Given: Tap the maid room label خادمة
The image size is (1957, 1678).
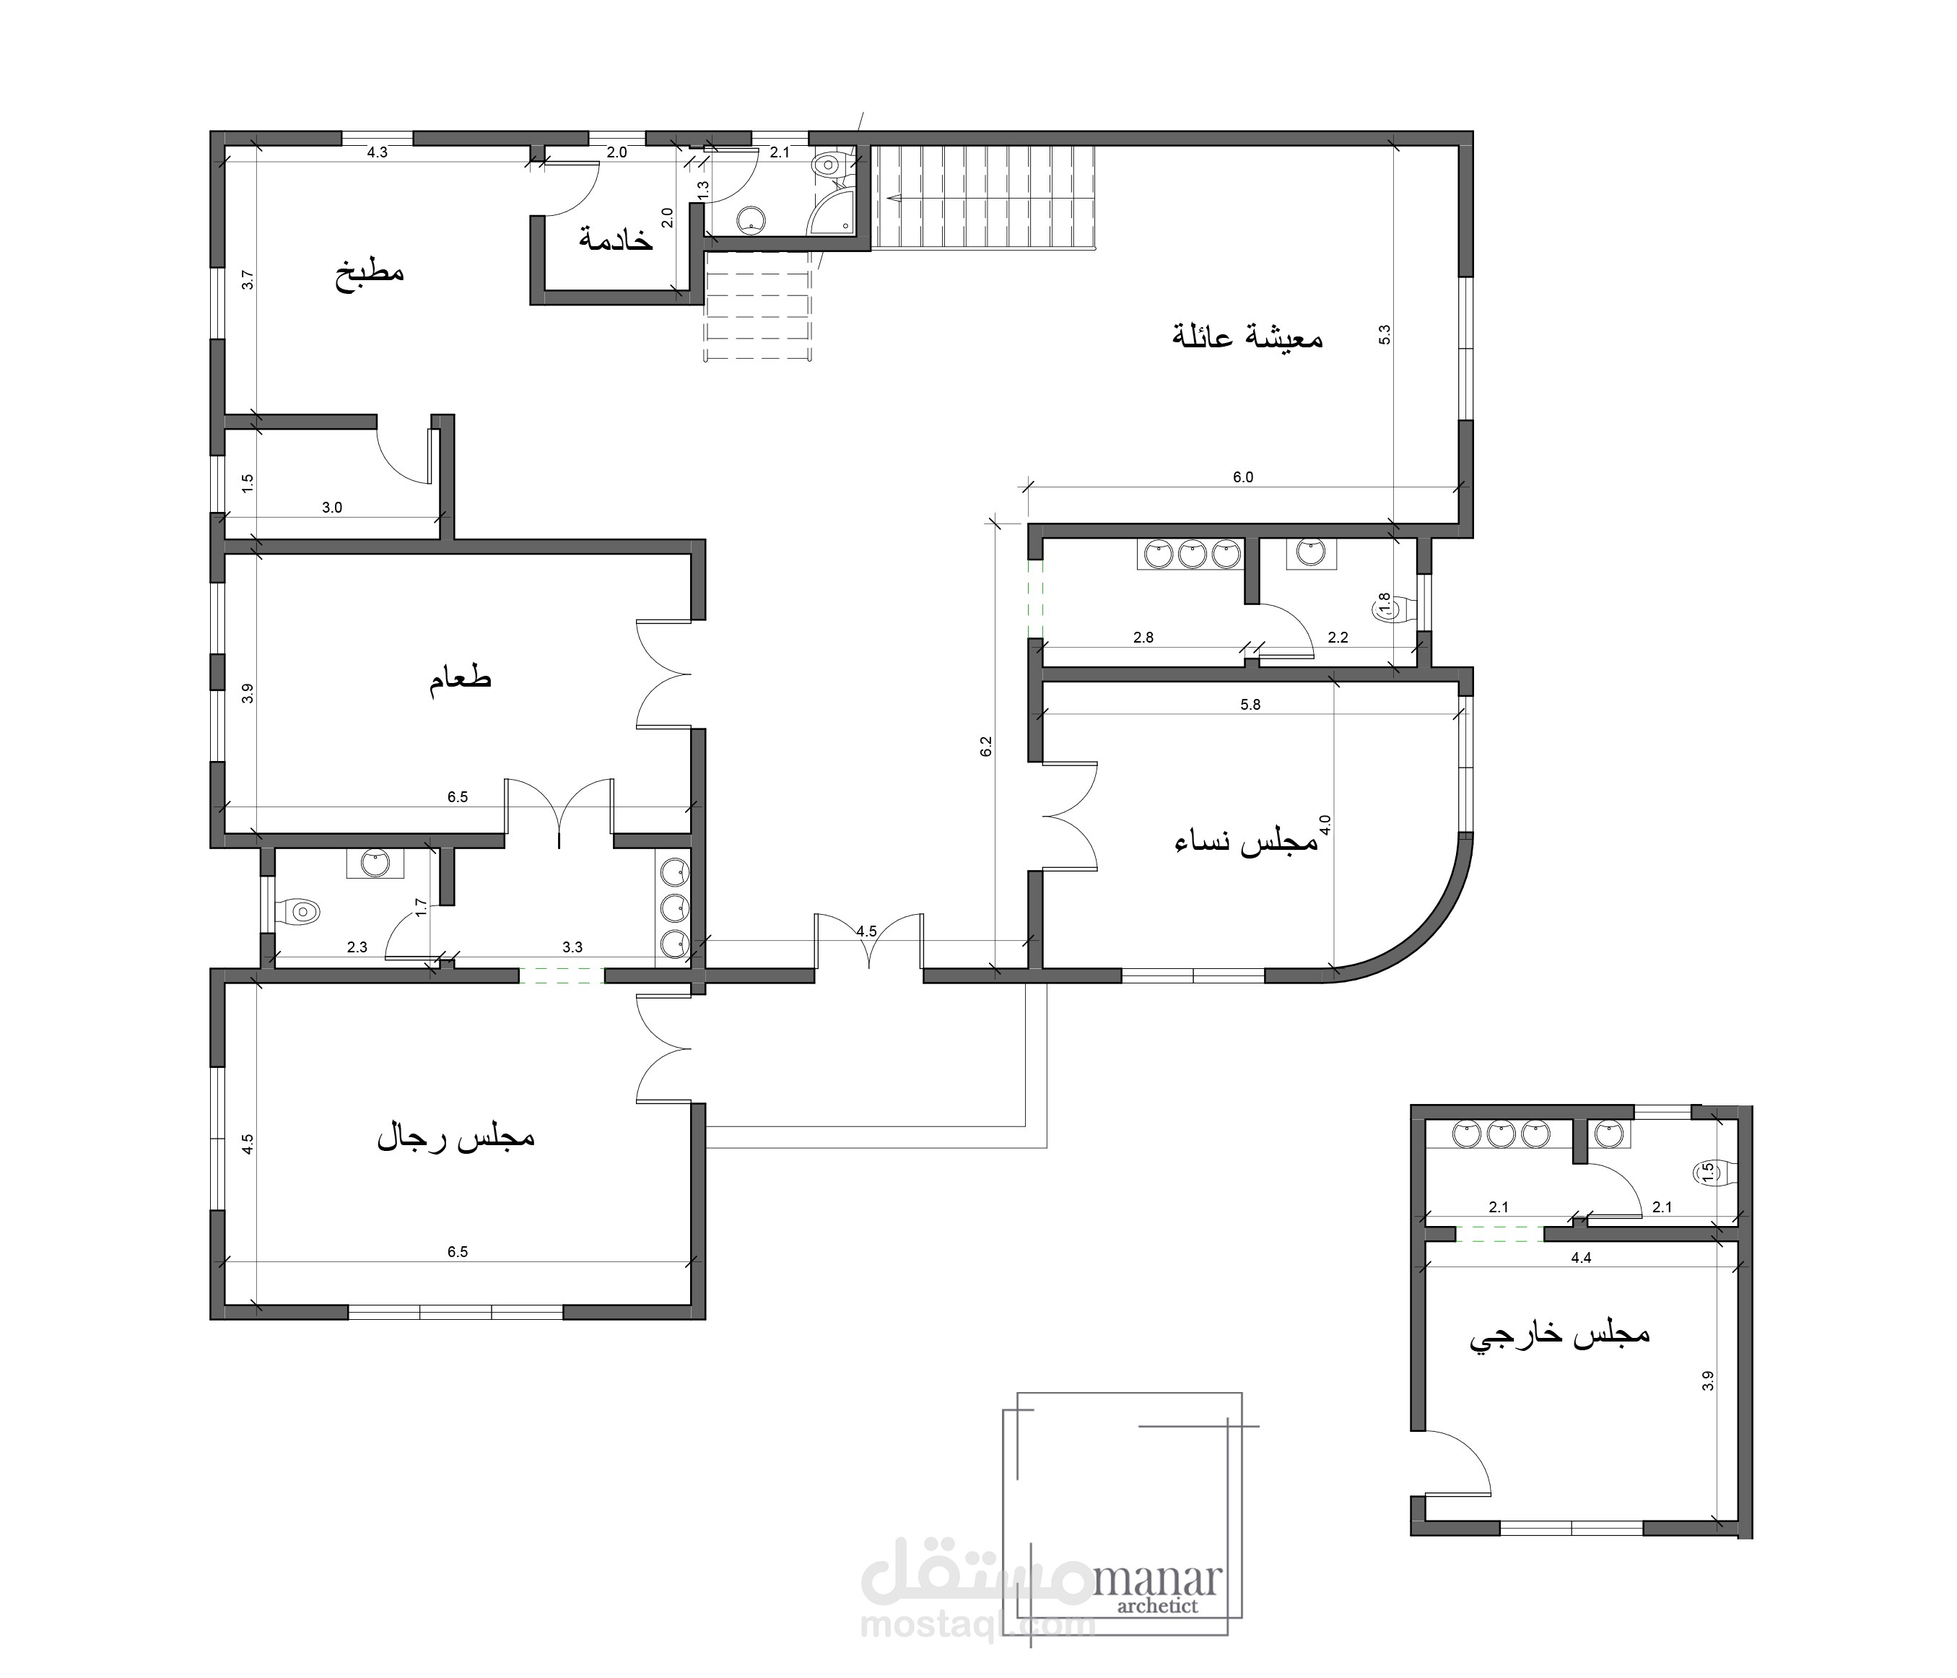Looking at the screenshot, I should [x=616, y=239].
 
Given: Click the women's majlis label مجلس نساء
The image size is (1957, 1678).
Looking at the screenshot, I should [x=1246, y=842].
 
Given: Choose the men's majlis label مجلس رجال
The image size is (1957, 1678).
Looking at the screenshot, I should [x=456, y=1136].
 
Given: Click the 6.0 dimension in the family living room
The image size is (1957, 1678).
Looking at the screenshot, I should [x=1243, y=477].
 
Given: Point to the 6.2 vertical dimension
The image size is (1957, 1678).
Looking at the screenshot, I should [x=986, y=747].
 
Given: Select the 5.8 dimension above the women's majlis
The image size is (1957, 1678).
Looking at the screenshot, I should [x=1250, y=704].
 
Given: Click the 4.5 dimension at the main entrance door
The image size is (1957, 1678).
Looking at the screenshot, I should [x=866, y=931].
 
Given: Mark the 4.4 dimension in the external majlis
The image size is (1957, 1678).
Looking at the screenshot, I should [x=1580, y=1258].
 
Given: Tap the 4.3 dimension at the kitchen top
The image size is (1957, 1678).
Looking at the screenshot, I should [x=377, y=152].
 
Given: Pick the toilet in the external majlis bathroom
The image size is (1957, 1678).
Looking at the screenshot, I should [x=1712, y=1173].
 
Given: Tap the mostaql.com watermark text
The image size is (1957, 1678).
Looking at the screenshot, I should [x=977, y=1625].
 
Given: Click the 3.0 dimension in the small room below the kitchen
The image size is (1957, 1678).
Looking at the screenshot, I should [x=331, y=508].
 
